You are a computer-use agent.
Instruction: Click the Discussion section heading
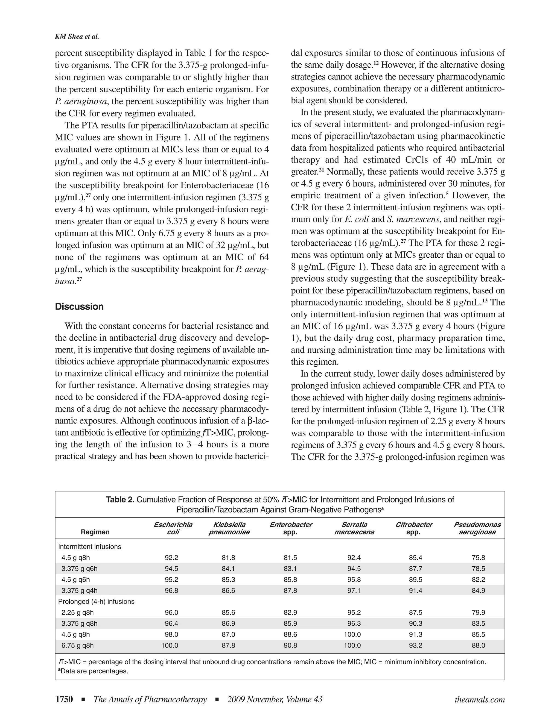pyautogui.click(x=79, y=306)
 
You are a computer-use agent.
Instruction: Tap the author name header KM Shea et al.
pyautogui.click(x=77, y=37)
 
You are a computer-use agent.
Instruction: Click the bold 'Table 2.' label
pyautogui.click(x=120, y=500)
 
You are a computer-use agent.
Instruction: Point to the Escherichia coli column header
pyautogui.click(x=173, y=528)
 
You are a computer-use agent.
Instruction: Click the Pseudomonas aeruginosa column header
pyautogui.click(x=477, y=528)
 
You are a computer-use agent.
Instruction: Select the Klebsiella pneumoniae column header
pyautogui.click(x=229, y=528)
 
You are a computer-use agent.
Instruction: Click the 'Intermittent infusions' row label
pyautogui.click(x=90, y=547)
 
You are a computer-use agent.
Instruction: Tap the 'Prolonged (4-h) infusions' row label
pyautogui.click(x=96, y=601)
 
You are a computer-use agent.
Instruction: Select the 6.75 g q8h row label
pyautogui.click(x=78, y=645)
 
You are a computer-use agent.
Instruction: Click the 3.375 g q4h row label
pyautogui.click(x=79, y=590)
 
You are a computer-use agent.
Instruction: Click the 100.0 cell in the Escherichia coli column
pyautogui.click(x=170, y=645)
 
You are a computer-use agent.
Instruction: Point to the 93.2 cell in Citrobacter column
pyautogui.click(x=415, y=645)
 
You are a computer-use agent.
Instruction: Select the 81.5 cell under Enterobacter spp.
pyautogui.click(x=290, y=558)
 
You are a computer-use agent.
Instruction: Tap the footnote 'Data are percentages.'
pyautogui.click(x=94, y=672)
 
